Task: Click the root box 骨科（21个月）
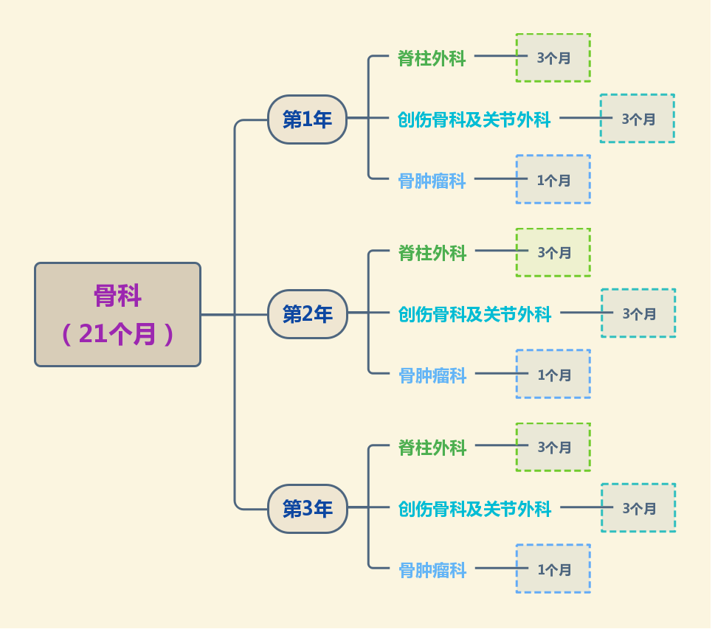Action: [117, 315]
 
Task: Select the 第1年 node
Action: [307, 119]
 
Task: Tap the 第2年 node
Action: [307, 314]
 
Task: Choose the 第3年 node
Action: [307, 509]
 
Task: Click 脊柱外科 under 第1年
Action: [432, 59]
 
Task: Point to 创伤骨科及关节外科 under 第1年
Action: [474, 119]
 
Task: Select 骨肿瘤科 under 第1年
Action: [432, 181]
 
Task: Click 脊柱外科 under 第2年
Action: [432, 254]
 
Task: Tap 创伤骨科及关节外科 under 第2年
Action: [474, 315]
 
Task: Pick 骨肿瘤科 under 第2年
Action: [432, 375]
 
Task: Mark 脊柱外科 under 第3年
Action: [432, 448]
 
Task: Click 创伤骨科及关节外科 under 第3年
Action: [474, 509]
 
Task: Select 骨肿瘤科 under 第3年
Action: [432, 570]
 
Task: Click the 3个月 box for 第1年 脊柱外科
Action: [553, 58]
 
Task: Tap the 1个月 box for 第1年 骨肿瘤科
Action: [553, 179]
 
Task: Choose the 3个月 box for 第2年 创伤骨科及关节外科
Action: [638, 313]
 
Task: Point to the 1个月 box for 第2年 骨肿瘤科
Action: [553, 374]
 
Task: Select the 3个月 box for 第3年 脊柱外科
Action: [553, 447]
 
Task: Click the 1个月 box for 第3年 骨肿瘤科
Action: [553, 569]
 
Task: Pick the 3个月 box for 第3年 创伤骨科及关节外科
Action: [638, 508]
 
